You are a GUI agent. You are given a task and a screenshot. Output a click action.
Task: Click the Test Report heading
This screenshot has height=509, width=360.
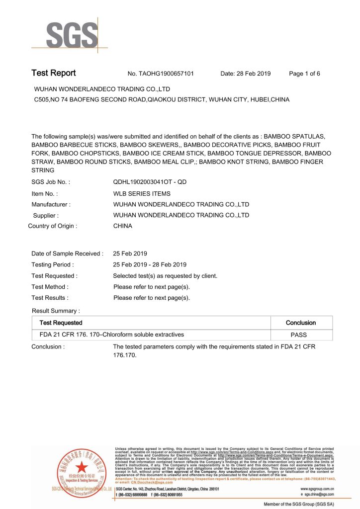[x=54, y=73]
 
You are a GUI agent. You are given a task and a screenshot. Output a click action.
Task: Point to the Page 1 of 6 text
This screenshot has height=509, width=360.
[x=304, y=74]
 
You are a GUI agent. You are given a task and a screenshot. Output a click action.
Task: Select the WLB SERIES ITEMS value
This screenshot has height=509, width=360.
[x=142, y=194]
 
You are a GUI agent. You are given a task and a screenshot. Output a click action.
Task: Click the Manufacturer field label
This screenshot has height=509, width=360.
[x=51, y=204]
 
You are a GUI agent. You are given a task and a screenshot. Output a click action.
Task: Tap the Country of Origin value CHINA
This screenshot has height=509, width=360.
[x=123, y=226]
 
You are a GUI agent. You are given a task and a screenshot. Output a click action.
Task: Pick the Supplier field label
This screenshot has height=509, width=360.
[x=46, y=215]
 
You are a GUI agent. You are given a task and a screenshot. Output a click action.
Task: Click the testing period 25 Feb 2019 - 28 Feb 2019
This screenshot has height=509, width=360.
[x=150, y=264]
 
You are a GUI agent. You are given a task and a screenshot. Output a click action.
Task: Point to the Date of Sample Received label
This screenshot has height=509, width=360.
[x=68, y=254]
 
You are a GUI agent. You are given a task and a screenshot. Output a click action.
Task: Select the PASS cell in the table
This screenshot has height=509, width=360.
[x=301, y=335]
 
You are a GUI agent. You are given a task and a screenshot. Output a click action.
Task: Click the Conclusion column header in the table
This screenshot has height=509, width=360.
[x=301, y=323]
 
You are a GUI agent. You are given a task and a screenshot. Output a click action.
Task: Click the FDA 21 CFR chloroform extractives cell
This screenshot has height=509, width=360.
[x=108, y=335]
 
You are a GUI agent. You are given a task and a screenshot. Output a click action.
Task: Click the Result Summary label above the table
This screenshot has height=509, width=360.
[x=56, y=311]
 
